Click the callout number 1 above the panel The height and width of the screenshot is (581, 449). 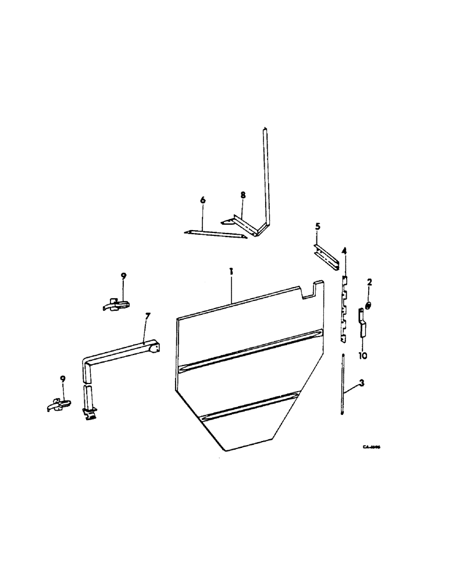tap(231, 271)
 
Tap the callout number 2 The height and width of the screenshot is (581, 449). tap(369, 282)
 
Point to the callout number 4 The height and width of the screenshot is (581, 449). tap(344, 251)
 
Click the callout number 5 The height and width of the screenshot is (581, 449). tap(318, 226)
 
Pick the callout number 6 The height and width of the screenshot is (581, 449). tap(203, 200)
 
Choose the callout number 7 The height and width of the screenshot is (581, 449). tap(148, 317)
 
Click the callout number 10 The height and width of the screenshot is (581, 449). tap(363, 355)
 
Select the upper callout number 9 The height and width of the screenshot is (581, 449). tap(123, 275)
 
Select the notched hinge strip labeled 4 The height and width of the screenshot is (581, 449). tap(344, 308)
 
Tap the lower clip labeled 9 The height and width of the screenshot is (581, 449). tap(59, 404)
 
